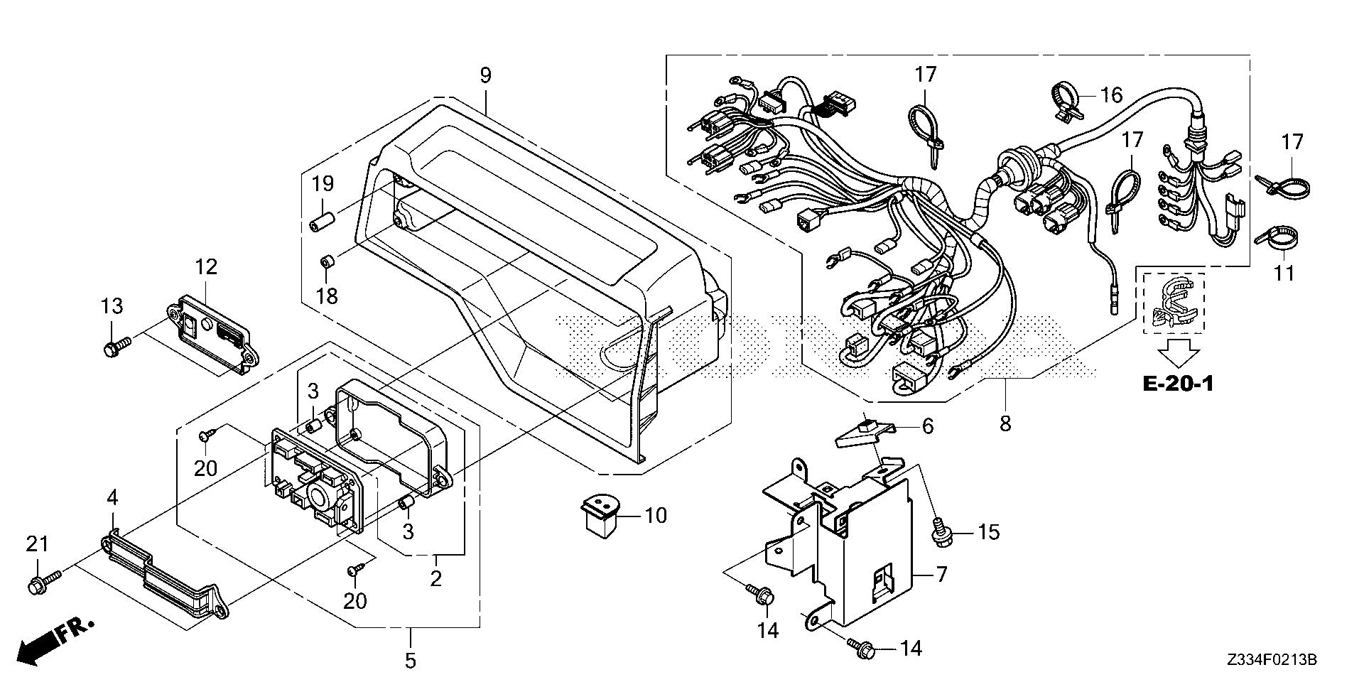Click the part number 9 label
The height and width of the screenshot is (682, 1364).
(485, 75)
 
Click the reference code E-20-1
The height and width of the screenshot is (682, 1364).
(1178, 384)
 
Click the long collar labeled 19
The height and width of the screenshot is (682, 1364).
(323, 220)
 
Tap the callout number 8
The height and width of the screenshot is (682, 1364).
(1005, 423)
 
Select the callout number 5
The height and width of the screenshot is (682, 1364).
(410, 661)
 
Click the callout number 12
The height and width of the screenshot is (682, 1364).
(206, 268)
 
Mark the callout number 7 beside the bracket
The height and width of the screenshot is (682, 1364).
(941, 574)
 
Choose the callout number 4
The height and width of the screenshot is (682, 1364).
(112, 498)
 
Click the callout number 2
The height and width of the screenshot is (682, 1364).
(435, 579)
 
